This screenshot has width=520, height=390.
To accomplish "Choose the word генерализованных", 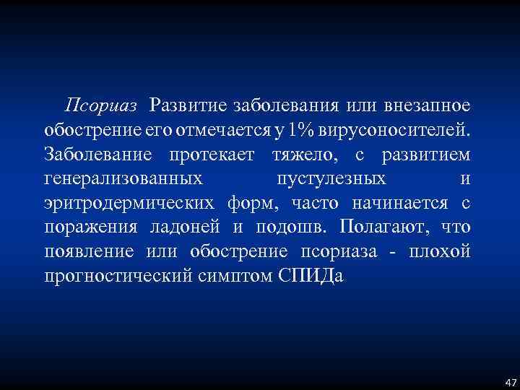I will (x=123, y=179).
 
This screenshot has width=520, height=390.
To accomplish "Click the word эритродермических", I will (x=130, y=204).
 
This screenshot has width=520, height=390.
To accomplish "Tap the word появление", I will (x=89, y=252).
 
